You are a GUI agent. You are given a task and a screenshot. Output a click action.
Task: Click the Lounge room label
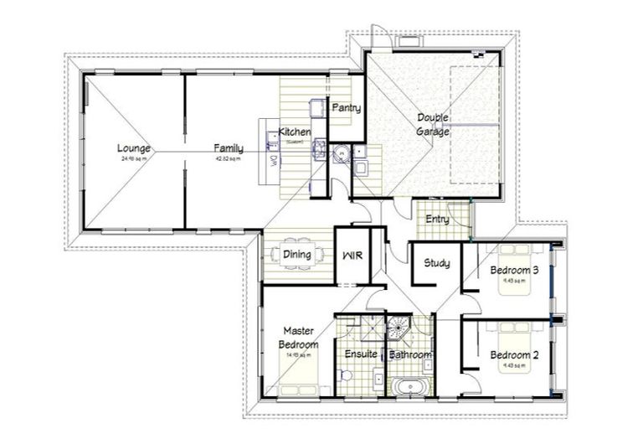coord(134,148)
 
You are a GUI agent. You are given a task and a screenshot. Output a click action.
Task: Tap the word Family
coord(228,148)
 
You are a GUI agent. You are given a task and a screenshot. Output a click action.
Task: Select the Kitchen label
coord(296,132)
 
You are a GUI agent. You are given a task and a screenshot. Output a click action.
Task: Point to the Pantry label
coord(346,108)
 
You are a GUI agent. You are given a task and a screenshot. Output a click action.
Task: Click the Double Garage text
coord(434,125)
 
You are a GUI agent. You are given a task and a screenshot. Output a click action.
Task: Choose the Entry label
coord(437,220)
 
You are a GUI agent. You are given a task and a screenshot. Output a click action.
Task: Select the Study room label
coord(436,263)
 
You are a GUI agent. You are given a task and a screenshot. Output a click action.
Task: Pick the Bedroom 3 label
coord(514,271)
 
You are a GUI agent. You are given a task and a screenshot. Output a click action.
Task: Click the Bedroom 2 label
coord(514,354)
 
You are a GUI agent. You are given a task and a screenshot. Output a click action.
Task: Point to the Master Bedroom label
coord(299,338)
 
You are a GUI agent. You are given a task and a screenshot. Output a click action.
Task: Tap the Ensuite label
coord(361,354)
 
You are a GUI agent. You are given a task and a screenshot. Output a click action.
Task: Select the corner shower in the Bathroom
coord(400,328)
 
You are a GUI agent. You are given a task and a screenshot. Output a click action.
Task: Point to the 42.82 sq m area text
coord(228,158)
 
